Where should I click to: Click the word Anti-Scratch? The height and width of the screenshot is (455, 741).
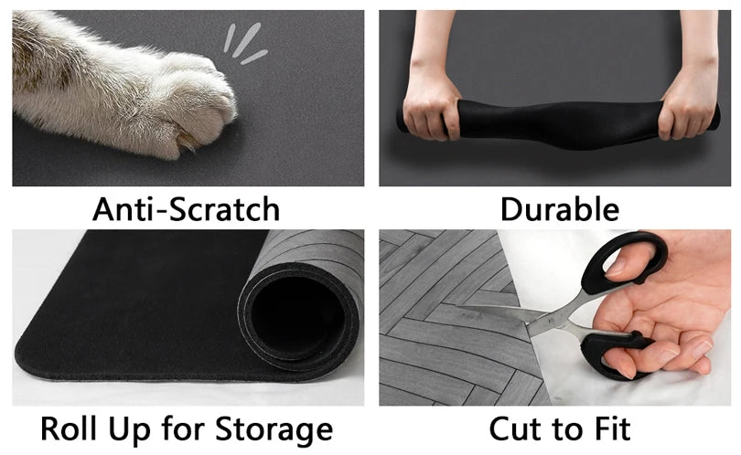[186, 209]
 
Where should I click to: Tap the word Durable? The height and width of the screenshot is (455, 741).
[559, 209]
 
